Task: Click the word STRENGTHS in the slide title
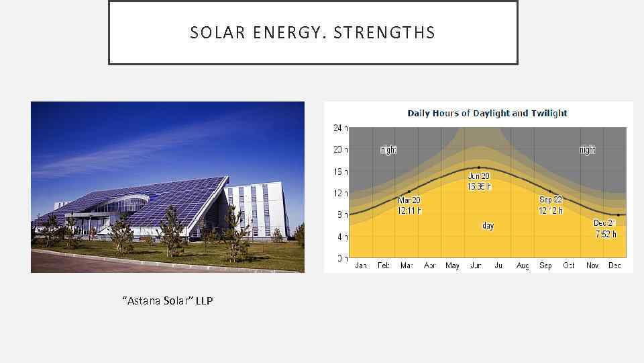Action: click(x=384, y=33)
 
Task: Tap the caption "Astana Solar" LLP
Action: click(x=168, y=300)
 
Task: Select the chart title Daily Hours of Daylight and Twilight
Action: click(x=487, y=113)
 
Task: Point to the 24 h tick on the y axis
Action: click(x=340, y=128)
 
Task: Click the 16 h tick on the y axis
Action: click(x=340, y=171)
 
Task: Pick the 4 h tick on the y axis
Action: click(x=340, y=237)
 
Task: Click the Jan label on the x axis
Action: click(x=361, y=266)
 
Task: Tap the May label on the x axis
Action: click(x=452, y=266)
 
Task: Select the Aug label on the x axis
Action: click(x=523, y=266)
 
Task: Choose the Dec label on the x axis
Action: click(x=614, y=266)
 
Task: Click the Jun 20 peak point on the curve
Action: click(x=479, y=167)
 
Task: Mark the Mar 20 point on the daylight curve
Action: click(x=409, y=192)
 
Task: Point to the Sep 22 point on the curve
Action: click(x=551, y=192)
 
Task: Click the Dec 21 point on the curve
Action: click(x=618, y=214)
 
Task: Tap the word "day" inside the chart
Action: click(x=488, y=226)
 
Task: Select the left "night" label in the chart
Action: click(x=388, y=150)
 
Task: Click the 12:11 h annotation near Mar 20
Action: click(x=409, y=210)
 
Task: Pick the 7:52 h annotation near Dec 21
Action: click(x=606, y=234)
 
